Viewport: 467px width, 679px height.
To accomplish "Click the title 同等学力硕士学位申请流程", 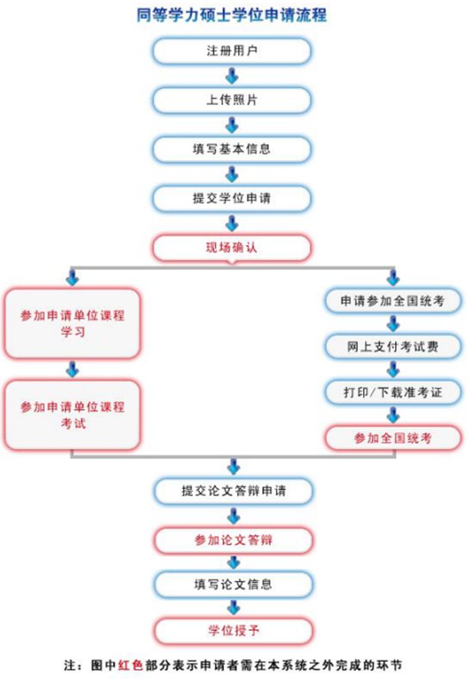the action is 231,15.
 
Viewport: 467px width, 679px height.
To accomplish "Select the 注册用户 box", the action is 231,51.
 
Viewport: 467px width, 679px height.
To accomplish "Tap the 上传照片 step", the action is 231,100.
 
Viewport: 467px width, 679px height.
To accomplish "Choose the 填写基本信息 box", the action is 231,149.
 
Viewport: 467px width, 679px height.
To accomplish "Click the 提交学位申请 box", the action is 231,198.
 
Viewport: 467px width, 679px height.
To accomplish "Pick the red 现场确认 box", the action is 231,248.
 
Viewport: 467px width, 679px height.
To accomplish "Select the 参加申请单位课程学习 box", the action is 72,323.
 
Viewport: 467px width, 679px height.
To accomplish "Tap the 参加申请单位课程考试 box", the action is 72,415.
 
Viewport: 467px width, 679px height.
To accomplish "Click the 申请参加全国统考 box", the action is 392,300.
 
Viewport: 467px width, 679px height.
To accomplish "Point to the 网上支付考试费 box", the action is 392,346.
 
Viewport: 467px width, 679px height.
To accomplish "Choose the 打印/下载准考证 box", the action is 392,392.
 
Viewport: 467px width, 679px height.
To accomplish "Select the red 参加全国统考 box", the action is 392,438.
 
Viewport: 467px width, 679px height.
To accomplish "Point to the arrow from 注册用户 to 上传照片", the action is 232,76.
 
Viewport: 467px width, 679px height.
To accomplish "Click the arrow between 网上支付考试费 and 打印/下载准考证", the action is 393,369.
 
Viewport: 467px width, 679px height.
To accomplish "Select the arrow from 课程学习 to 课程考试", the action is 72,369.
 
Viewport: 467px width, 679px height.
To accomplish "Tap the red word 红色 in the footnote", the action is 130,665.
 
